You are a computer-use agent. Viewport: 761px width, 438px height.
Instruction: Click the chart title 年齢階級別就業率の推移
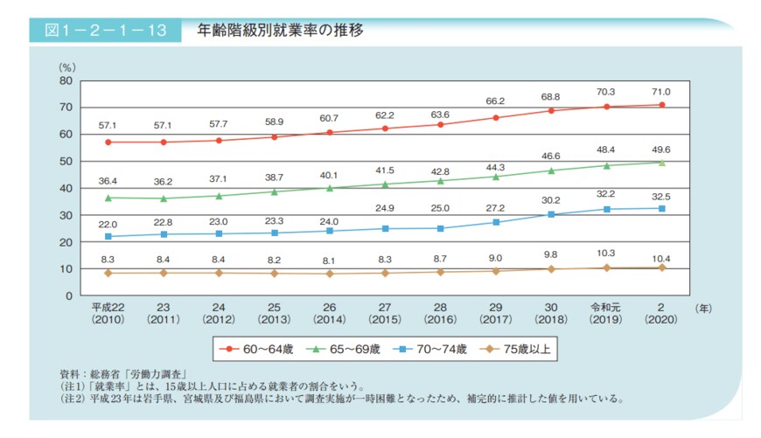280,31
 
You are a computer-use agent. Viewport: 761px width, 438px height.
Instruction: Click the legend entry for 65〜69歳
348,349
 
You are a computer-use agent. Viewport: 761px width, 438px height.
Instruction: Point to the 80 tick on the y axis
65,80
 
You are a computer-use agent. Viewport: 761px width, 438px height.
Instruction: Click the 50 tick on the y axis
65,161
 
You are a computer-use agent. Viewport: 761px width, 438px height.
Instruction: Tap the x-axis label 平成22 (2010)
108,314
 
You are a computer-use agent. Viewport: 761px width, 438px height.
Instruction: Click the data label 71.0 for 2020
661,92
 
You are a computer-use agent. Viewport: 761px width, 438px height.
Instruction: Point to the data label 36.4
108,182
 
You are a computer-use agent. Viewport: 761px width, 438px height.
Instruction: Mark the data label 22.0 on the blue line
108,222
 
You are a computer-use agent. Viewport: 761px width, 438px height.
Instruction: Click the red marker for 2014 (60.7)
330,132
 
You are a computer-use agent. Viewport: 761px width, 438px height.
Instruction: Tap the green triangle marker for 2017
495,177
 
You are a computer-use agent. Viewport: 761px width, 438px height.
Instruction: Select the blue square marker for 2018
551,214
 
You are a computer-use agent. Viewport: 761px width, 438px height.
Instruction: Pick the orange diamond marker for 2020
661,268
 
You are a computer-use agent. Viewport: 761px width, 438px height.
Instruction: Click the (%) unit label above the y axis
66,66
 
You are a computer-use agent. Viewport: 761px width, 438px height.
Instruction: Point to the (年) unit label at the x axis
703,308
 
